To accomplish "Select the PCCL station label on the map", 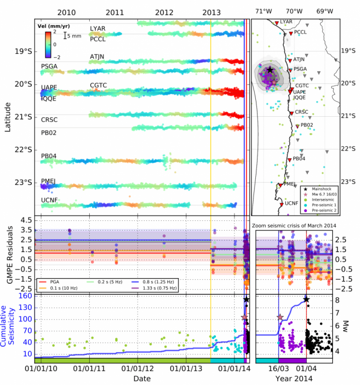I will pos(300,33).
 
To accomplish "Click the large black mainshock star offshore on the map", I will pos(270,70).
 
